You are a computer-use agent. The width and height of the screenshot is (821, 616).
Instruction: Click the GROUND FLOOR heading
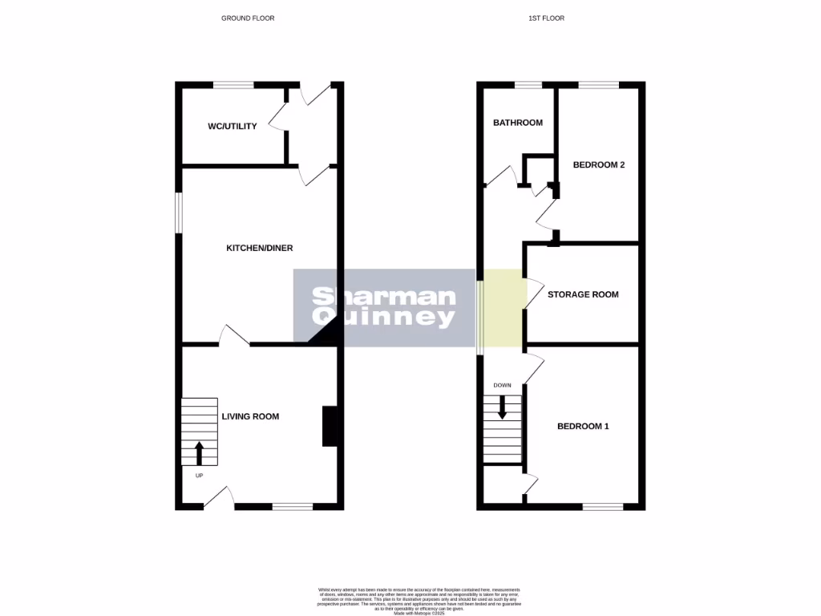pos(248,18)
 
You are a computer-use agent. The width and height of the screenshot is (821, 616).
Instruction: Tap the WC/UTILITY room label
pos(233,126)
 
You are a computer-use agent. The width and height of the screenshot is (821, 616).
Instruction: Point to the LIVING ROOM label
pos(250,416)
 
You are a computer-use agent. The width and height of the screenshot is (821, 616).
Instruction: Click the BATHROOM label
pos(517,123)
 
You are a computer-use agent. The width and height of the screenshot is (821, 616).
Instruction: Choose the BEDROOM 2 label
pos(598,165)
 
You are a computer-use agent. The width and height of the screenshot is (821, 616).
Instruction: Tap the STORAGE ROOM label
pos(583,294)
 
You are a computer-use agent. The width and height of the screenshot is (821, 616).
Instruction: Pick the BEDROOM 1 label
pos(583,426)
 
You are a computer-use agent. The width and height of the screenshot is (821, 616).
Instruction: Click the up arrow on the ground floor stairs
pos(200,452)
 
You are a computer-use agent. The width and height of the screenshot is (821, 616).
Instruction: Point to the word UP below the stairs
pos(200,476)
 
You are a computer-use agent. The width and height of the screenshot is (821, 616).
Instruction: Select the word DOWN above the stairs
pos(502,385)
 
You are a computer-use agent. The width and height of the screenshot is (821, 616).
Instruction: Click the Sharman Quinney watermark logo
pos(384,308)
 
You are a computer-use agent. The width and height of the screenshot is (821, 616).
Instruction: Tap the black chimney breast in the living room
pos(330,426)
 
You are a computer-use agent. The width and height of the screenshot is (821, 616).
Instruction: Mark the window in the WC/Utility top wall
pos(233,84)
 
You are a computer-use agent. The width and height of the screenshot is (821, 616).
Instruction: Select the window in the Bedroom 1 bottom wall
pos(602,507)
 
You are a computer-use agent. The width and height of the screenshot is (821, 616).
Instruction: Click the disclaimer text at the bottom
pos(410,600)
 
